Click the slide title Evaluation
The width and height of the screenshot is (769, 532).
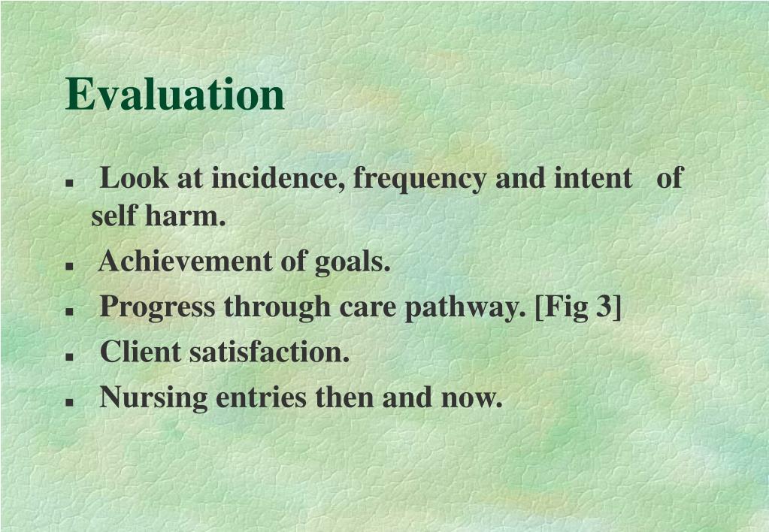click(x=175, y=95)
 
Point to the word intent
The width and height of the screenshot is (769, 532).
click(x=593, y=179)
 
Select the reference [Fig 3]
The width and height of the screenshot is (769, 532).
click(x=578, y=307)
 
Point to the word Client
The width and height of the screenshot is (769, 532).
click(x=141, y=351)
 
